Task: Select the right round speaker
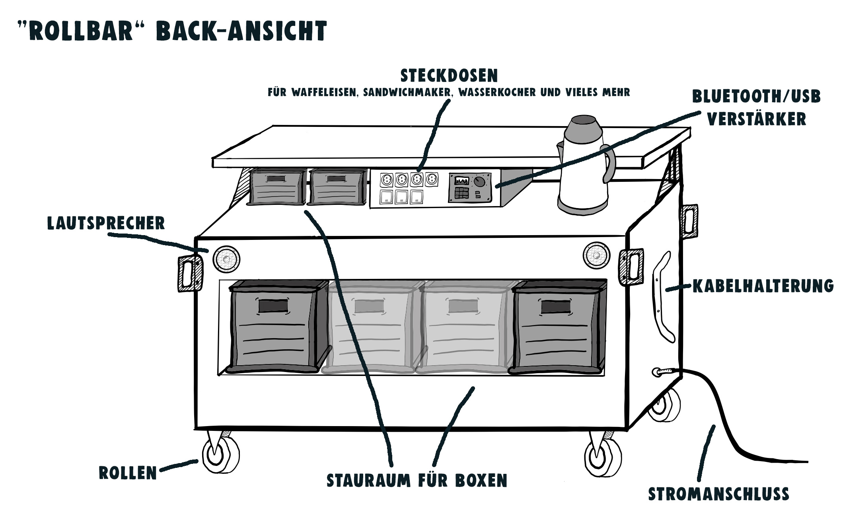[x=596, y=255]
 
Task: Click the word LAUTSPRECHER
[x=106, y=224]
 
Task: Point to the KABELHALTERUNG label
[x=763, y=286]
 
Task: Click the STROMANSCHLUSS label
[x=718, y=494]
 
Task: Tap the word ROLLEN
[x=128, y=473]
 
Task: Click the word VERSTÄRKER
[x=756, y=119]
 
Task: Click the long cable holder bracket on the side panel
[x=664, y=296]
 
